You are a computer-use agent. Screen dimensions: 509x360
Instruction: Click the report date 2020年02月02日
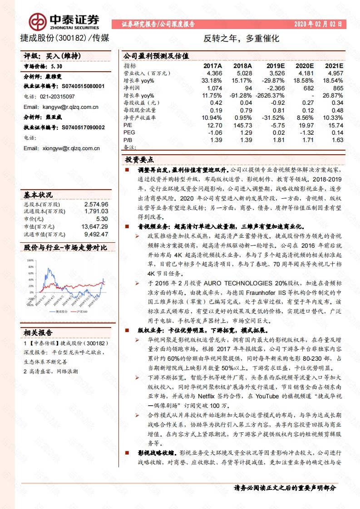[318, 24]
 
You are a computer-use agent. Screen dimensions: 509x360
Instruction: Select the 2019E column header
[275, 66]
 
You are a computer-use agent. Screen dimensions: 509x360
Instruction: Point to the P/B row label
[128, 140]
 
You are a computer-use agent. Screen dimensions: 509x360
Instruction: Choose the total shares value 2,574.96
[96, 205]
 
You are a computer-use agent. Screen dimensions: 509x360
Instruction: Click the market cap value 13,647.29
[94, 226]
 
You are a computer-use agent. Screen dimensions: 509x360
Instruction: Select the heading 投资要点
[139, 160]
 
